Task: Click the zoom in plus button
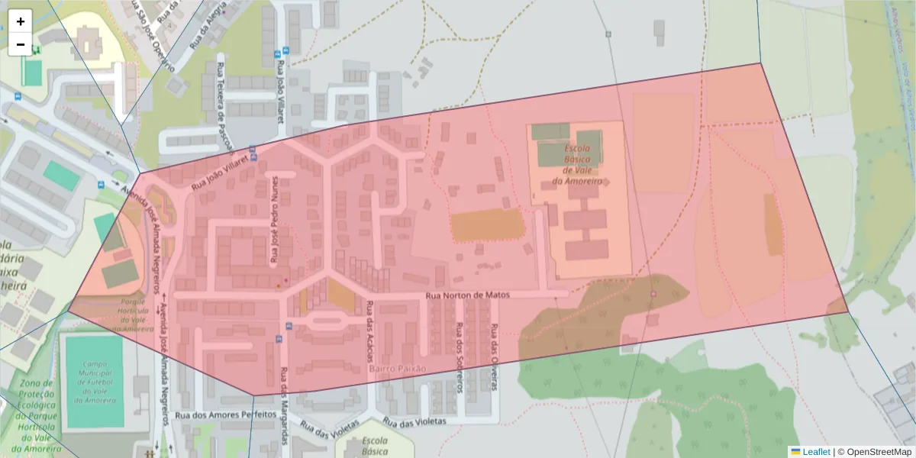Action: (x=21, y=21)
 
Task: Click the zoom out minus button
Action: (x=21, y=44)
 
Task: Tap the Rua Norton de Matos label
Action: (x=466, y=295)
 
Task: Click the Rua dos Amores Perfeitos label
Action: (x=224, y=414)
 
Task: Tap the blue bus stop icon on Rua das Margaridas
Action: (x=289, y=326)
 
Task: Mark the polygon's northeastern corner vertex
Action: (x=761, y=63)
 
